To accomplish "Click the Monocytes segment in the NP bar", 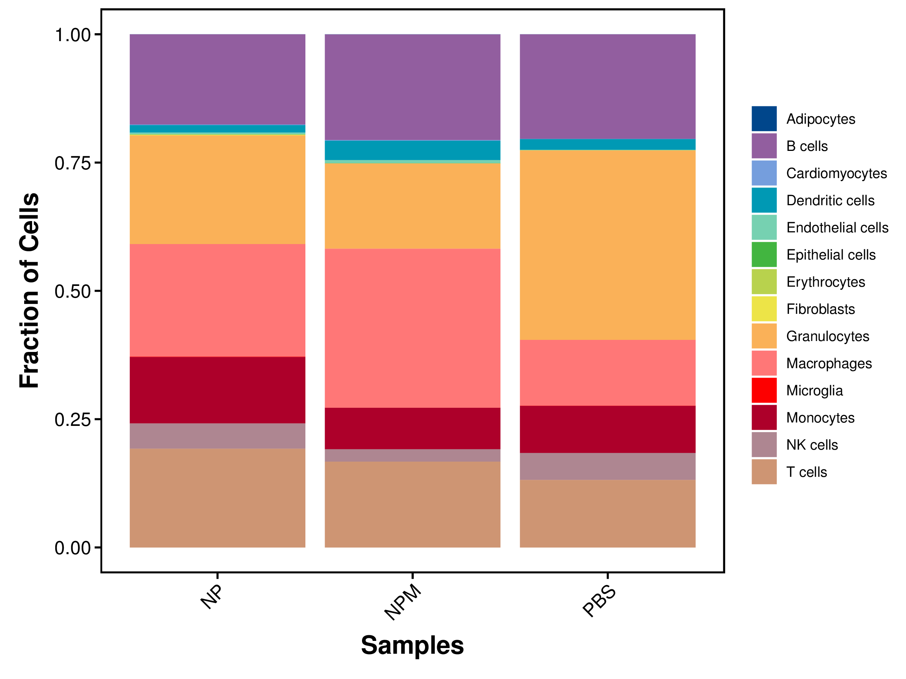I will coord(217,390).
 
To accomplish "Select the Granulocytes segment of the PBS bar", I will coord(607,245).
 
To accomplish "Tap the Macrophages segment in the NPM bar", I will coord(413,328).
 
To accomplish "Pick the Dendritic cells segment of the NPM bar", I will coord(413,150).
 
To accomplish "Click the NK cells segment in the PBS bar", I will coord(607,466).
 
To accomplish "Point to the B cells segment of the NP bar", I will coord(217,79).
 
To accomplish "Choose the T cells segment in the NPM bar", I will coord(413,504).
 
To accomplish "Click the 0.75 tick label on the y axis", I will coord(72,163).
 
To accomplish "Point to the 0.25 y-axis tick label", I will coord(72,419).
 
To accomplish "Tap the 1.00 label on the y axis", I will coord(72,35).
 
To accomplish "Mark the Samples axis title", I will coord(412,645).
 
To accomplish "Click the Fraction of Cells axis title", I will coord(29,290).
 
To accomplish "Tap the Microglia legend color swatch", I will coord(764,390).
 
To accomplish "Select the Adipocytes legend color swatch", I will coord(764,119).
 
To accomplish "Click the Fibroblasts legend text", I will coord(820,309).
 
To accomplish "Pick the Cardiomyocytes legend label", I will coord(837,173).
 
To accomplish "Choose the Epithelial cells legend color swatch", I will coord(764,255).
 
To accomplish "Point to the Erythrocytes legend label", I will coord(825,282).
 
